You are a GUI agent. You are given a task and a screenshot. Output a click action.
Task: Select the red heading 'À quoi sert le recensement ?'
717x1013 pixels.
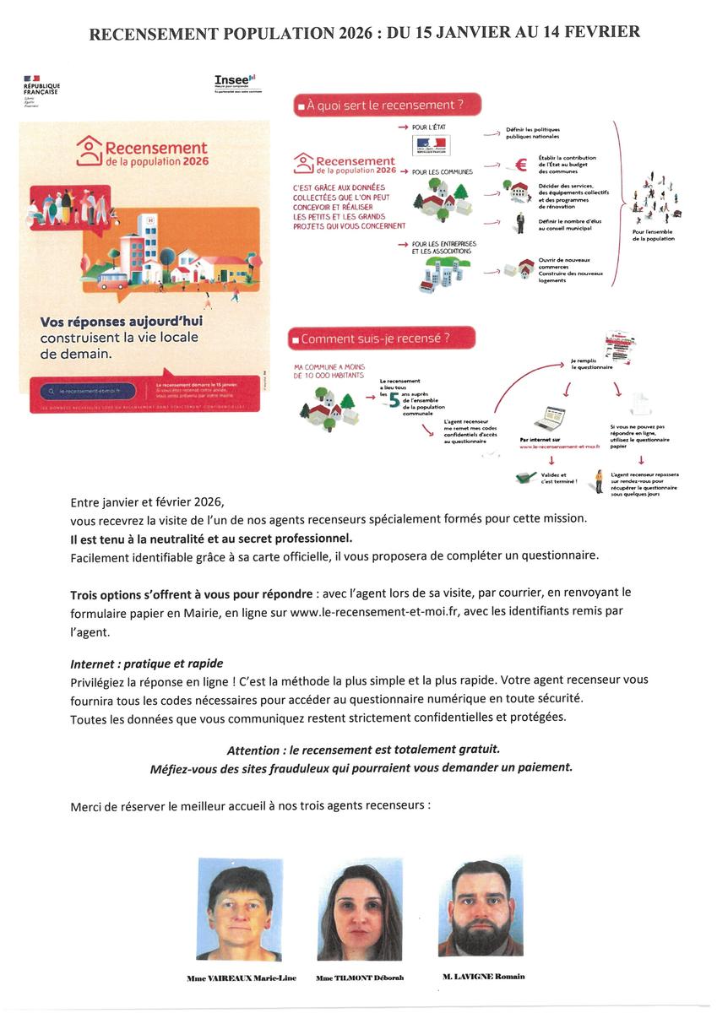click(387, 106)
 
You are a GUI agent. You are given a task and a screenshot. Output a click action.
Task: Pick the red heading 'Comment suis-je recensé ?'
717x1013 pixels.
click(381, 339)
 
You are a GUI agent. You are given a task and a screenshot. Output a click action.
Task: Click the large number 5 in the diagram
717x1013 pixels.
click(394, 399)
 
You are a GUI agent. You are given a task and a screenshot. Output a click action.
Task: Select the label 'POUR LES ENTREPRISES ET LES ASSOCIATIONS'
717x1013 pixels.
click(444, 247)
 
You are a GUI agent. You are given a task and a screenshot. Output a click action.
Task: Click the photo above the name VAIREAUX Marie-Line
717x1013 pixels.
click(240, 908)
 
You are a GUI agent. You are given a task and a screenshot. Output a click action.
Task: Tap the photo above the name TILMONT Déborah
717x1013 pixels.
click(360, 912)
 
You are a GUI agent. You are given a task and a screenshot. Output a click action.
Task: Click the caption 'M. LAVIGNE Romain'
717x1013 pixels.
click(483, 977)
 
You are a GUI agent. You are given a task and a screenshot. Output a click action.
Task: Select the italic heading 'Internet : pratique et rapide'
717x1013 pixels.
click(147, 663)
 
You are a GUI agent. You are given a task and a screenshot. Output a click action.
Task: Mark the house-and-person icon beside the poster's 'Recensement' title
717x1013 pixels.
click(89, 152)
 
